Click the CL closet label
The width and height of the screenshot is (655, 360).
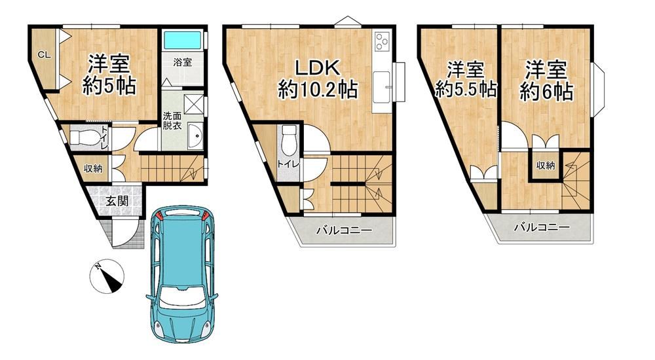click(x=45, y=55)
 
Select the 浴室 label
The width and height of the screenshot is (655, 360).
click(x=183, y=62)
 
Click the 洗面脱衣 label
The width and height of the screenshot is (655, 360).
click(x=172, y=120)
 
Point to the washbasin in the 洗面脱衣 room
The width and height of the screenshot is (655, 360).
click(x=195, y=135)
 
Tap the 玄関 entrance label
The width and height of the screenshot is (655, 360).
click(x=117, y=202)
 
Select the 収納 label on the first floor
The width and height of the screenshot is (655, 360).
click(x=93, y=168)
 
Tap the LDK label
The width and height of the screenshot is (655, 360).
click(x=318, y=67)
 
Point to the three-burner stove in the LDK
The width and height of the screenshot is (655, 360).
click(x=383, y=41)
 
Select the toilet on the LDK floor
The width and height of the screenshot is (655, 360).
click(x=289, y=140)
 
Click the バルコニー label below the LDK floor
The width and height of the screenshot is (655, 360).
click(x=343, y=230)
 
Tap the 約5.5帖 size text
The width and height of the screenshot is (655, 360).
click(x=466, y=89)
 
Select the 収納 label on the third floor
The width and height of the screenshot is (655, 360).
click(x=546, y=166)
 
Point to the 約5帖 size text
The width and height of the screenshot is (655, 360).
click(x=109, y=87)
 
